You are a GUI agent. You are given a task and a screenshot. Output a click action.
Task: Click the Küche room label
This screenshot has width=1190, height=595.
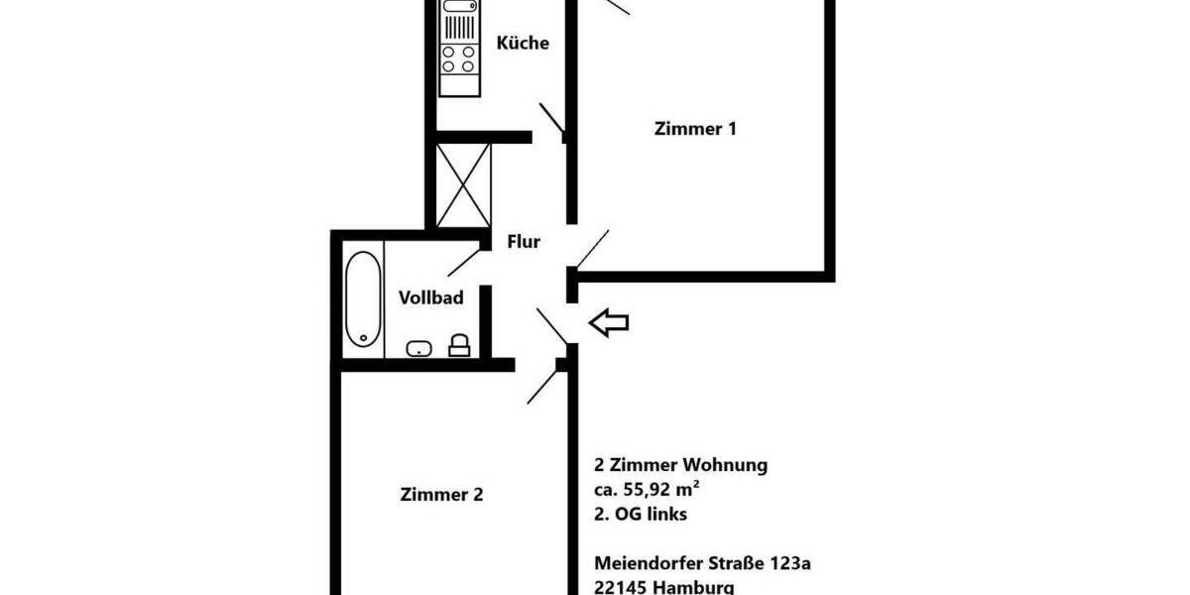(523, 44)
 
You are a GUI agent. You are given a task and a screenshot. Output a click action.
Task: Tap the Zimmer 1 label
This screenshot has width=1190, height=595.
(695, 128)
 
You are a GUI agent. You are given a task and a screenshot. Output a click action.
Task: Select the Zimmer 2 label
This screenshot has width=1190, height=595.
(441, 494)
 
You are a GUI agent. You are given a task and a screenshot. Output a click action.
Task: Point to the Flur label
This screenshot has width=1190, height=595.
(524, 241)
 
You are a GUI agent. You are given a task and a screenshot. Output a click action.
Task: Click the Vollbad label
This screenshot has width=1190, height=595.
(430, 297)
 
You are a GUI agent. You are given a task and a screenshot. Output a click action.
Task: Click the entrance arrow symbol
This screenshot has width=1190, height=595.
(609, 322)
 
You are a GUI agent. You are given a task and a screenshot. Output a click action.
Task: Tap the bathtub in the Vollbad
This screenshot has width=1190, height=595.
(363, 297)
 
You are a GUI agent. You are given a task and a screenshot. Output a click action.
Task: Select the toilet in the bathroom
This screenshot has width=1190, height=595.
(459, 345)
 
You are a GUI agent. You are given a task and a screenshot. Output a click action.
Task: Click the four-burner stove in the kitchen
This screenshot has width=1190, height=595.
(458, 59)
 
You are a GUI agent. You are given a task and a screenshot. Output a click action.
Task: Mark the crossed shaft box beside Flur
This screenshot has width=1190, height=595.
(463, 184)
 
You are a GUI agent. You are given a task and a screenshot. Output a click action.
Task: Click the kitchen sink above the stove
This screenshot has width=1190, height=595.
(458, 17)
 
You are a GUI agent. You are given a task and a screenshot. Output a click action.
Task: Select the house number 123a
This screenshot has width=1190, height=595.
(788, 563)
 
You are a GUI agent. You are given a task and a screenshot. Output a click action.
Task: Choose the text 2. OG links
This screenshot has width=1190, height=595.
(640, 514)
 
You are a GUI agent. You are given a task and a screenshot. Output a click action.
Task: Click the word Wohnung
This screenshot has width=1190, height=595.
(723, 464)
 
